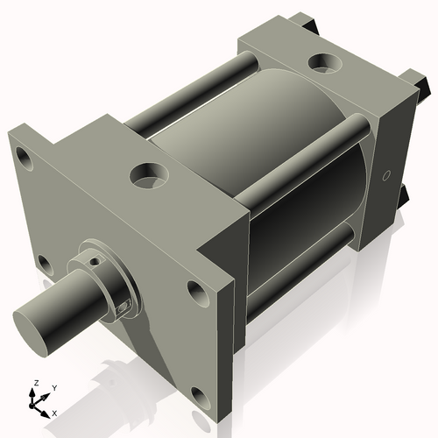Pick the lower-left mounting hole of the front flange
click(x=41, y=262)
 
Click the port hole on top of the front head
click(x=147, y=174)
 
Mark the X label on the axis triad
click(x=54, y=412)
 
